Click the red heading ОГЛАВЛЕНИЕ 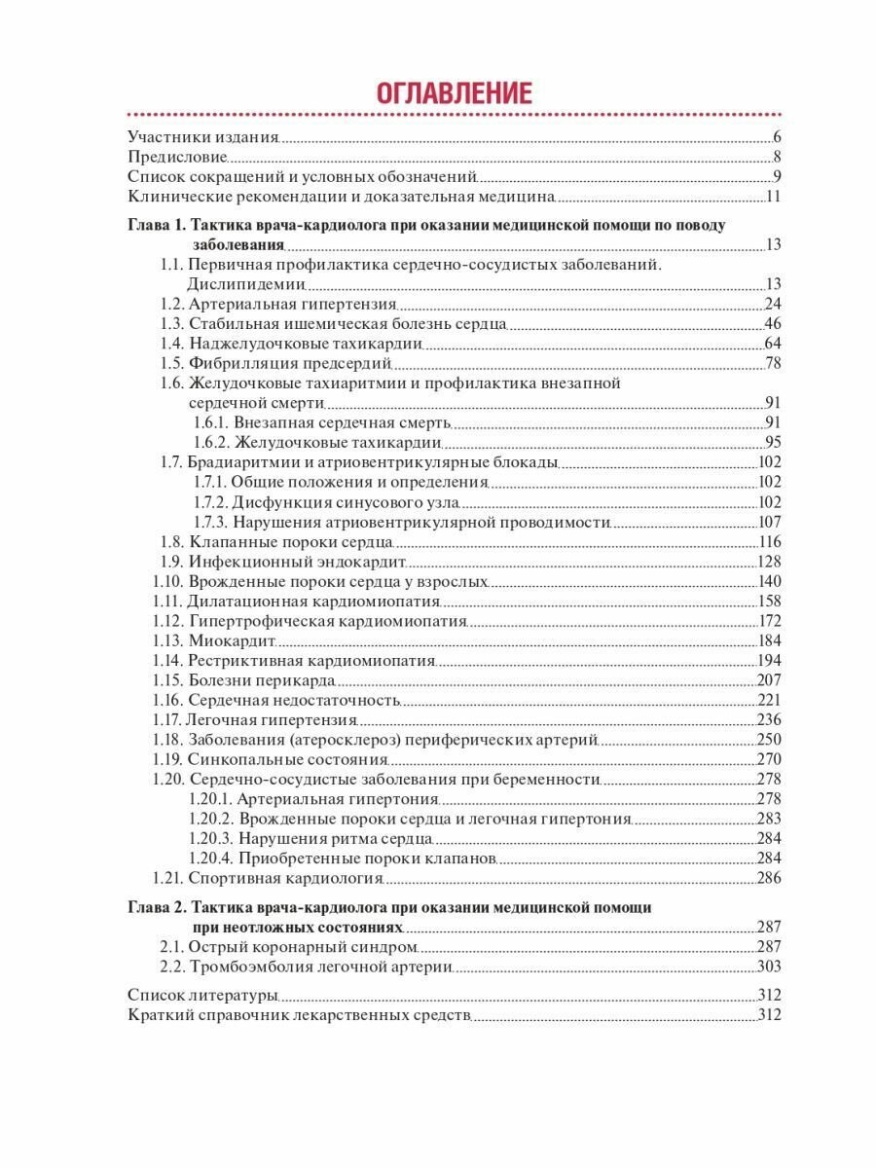454,93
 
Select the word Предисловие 178,157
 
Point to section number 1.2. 171,304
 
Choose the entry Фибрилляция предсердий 290,363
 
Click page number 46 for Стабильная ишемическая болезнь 774,323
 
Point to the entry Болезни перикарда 262,680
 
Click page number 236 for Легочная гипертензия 770,719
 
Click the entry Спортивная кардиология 286,878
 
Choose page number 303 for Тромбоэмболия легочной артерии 770,967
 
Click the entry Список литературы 202,995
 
